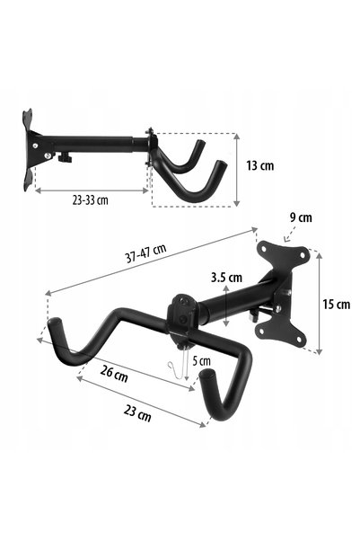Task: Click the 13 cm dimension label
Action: [259, 165]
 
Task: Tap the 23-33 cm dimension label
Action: [90, 200]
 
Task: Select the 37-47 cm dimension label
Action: [146, 253]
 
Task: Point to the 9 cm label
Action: [301, 217]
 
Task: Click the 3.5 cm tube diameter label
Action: [226, 278]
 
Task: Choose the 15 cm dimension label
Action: [337, 305]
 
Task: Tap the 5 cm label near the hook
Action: [201, 361]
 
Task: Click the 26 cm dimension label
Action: [114, 374]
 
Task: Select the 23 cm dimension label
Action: [137, 413]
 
